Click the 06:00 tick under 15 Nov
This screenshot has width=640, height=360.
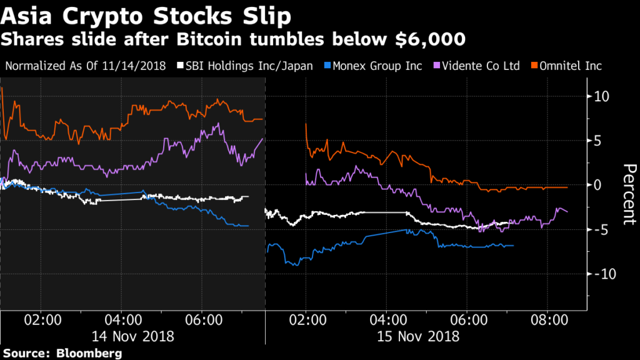pyautogui.click(x=468, y=321)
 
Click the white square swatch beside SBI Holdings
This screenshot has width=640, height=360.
pyautogui.click(x=180, y=66)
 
